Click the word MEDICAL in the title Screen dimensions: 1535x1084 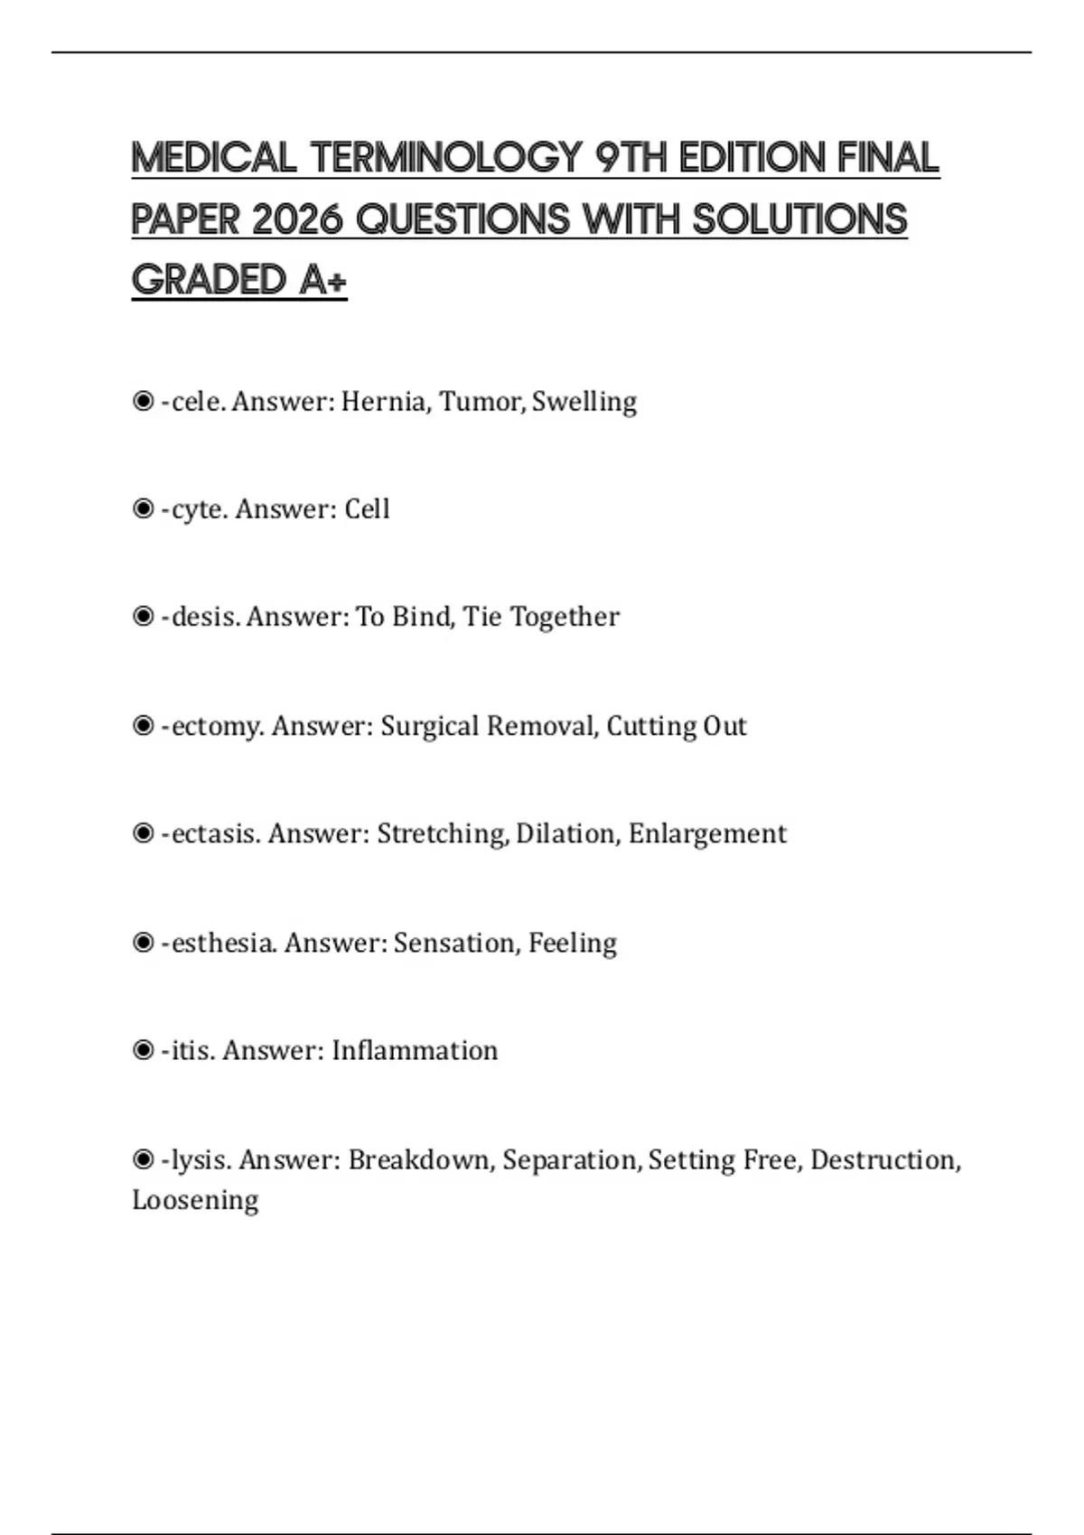[x=214, y=158]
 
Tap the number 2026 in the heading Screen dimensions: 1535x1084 [x=297, y=219]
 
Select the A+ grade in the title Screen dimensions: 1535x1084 [x=323, y=280]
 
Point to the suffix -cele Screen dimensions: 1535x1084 [x=192, y=401]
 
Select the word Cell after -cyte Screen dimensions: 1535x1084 [x=367, y=509]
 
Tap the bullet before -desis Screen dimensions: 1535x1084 [x=143, y=617]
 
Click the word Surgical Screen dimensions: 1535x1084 [x=429, y=726]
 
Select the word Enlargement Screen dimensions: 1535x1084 [x=707, y=833]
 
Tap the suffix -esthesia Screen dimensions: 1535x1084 [x=219, y=943]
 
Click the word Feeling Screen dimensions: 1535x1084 [x=573, y=943]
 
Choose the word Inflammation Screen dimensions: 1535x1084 [x=415, y=1050]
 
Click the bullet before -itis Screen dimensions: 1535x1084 [x=143, y=1050]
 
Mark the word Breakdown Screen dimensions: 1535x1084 [x=421, y=1159]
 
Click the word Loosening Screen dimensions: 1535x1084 [x=195, y=1200]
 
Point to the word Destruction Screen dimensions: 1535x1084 [x=884, y=1159]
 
